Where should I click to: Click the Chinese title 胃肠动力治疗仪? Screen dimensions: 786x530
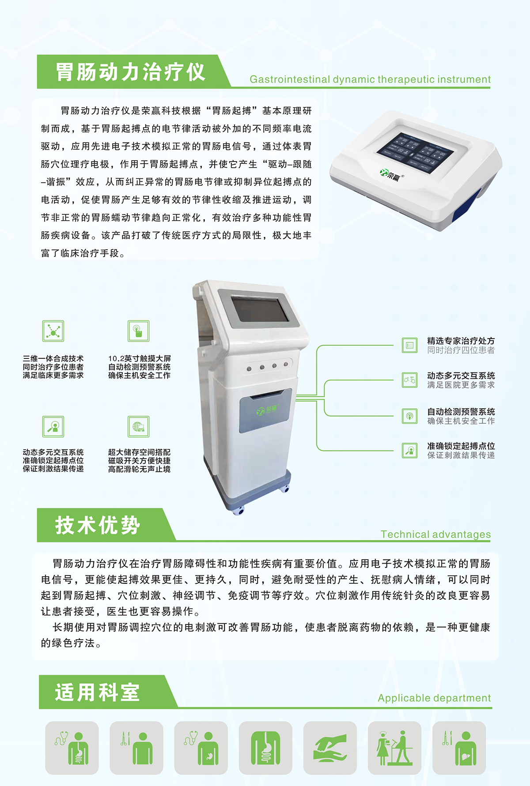pyautogui.click(x=130, y=72)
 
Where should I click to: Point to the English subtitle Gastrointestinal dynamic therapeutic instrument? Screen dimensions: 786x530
pyautogui.click(x=370, y=79)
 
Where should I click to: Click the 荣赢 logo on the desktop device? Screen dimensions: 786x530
pyautogui.click(x=390, y=175)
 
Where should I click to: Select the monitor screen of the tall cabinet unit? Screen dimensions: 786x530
pyautogui.click(x=260, y=310)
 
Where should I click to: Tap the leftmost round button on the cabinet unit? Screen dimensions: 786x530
pyautogui.click(x=249, y=369)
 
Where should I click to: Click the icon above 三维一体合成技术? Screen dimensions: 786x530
pyautogui.click(x=53, y=331)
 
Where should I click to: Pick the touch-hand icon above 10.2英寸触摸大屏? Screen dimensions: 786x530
pyautogui.click(x=138, y=331)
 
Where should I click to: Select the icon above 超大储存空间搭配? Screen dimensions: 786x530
pyautogui.click(x=138, y=426)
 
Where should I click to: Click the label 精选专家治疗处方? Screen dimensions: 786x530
pyautogui.click(x=461, y=341)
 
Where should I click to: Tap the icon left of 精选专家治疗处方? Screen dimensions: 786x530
pyautogui.click(x=409, y=345)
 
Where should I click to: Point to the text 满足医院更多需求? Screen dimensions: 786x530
pyautogui.click(x=461, y=385)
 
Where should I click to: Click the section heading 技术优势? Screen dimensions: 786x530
pyautogui.click(x=98, y=525)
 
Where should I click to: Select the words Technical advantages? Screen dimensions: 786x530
pyautogui.click(x=435, y=534)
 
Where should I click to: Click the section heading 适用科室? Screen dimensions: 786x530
pyautogui.click(x=97, y=692)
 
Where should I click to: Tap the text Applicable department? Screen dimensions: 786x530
pyautogui.click(x=434, y=698)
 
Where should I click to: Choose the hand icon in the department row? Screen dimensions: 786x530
pyautogui.click(x=330, y=748)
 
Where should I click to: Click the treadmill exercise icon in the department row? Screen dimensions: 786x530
pyautogui.click(x=394, y=748)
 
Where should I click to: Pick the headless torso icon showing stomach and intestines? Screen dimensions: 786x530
pyautogui.click(x=265, y=748)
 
